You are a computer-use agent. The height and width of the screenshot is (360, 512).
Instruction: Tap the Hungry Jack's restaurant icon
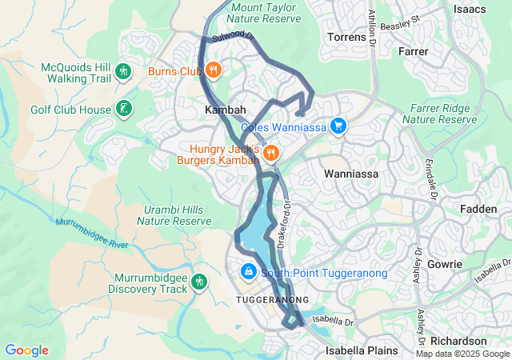tap(270, 151)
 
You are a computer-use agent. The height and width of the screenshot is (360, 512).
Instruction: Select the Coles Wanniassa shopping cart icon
tap(339, 126)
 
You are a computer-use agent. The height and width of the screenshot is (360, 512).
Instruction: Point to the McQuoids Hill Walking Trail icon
tap(123, 71)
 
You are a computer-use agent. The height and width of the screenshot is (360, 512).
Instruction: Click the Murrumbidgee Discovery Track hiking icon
tap(198, 282)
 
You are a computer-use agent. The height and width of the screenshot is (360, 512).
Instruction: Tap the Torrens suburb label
tap(347, 38)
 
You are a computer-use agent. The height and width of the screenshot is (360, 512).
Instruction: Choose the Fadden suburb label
tap(479, 209)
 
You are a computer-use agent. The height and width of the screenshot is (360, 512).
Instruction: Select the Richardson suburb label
tap(474, 341)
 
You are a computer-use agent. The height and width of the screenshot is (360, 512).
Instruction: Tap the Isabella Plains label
tap(358, 350)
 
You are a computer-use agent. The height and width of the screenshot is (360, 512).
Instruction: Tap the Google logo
tap(26, 350)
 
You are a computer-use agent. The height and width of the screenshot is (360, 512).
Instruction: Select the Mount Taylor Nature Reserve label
tap(263, 12)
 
